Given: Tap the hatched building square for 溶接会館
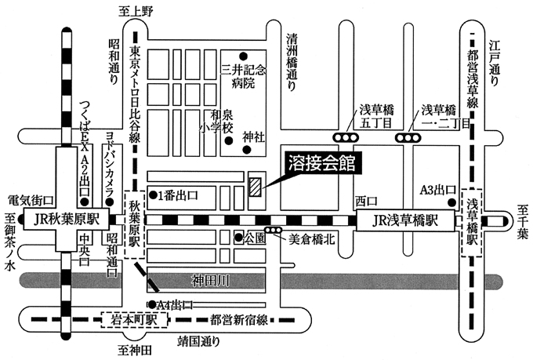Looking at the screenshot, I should (256, 186).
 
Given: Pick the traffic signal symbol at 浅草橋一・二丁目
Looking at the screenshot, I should (408, 139).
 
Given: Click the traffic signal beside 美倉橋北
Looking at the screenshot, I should (274, 231).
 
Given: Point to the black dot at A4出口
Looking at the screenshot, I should (150, 304).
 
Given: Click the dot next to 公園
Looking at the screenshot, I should (237, 236).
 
